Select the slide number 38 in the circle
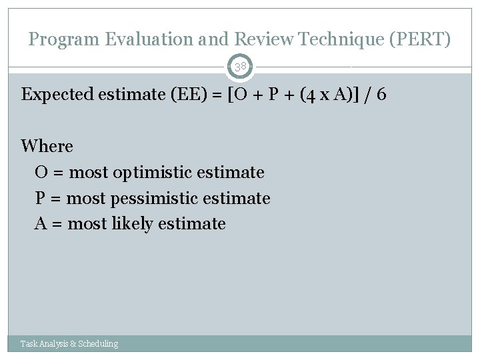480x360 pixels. tap(240, 67)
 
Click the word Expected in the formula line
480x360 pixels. tap(58, 95)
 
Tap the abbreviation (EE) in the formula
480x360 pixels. tap(179, 95)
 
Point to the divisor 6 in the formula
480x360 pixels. tap(381, 95)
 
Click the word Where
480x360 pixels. tap(47, 146)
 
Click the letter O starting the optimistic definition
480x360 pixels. tap(41, 173)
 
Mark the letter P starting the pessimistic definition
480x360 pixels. tap(40, 199)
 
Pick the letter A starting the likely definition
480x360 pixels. tap(41, 224)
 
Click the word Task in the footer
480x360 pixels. tap(29, 344)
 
